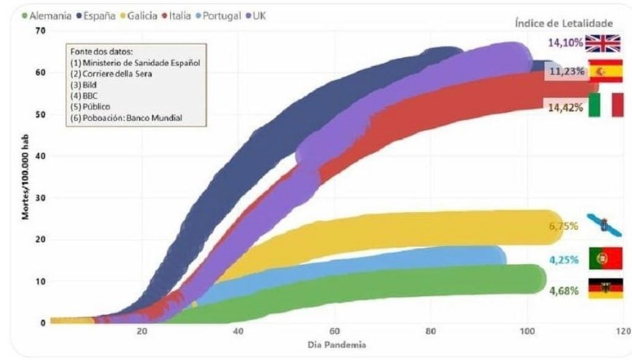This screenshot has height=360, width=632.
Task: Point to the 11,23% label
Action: (x=563, y=72)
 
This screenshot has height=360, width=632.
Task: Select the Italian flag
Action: (x=607, y=105)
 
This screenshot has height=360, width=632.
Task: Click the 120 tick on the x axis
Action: (x=623, y=332)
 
